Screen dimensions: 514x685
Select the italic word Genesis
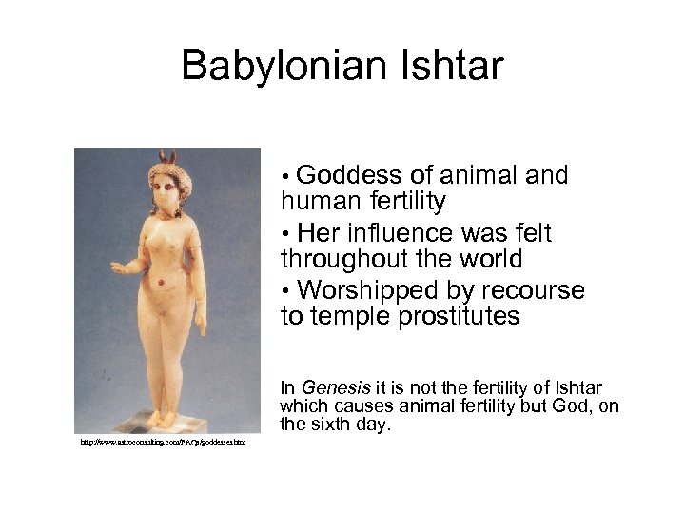pos(333,387)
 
